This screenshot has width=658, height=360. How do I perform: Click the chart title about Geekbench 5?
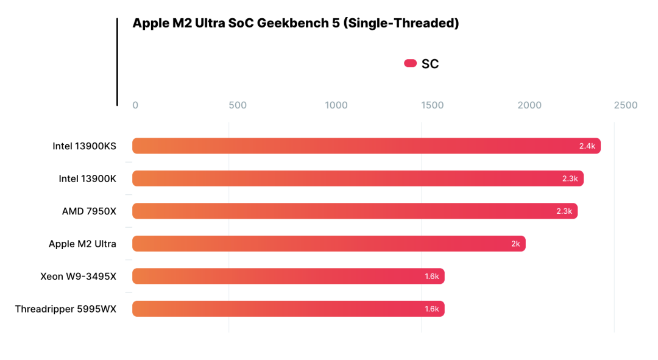[x=295, y=23]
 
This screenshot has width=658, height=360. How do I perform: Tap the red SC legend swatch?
[x=410, y=63]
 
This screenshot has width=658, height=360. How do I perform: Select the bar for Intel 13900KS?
[x=366, y=146]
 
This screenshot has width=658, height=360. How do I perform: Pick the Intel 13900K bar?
[x=358, y=178]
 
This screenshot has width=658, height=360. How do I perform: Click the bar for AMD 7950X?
[x=355, y=211]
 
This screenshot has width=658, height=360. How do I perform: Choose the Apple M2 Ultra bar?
[x=328, y=244]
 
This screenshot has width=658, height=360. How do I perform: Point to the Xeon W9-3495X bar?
[x=288, y=277]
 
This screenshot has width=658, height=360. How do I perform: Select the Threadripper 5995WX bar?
[x=288, y=309]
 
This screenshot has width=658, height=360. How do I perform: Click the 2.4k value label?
[x=587, y=146]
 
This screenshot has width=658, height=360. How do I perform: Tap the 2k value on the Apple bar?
[x=515, y=244]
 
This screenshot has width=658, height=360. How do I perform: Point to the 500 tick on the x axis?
[x=238, y=105]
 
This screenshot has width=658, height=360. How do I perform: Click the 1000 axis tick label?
[x=336, y=105]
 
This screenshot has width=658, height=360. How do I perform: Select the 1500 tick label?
[x=433, y=105]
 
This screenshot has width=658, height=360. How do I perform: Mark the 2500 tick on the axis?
[x=625, y=105]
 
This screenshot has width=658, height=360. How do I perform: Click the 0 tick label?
[x=135, y=105]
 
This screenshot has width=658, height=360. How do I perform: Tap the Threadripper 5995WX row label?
[x=66, y=309]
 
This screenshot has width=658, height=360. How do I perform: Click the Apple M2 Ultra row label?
[x=82, y=244]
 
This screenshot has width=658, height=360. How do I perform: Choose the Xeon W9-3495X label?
[x=78, y=277]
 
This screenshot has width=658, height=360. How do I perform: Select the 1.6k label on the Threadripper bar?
[x=432, y=309]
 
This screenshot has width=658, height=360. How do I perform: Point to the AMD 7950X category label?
[x=89, y=211]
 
